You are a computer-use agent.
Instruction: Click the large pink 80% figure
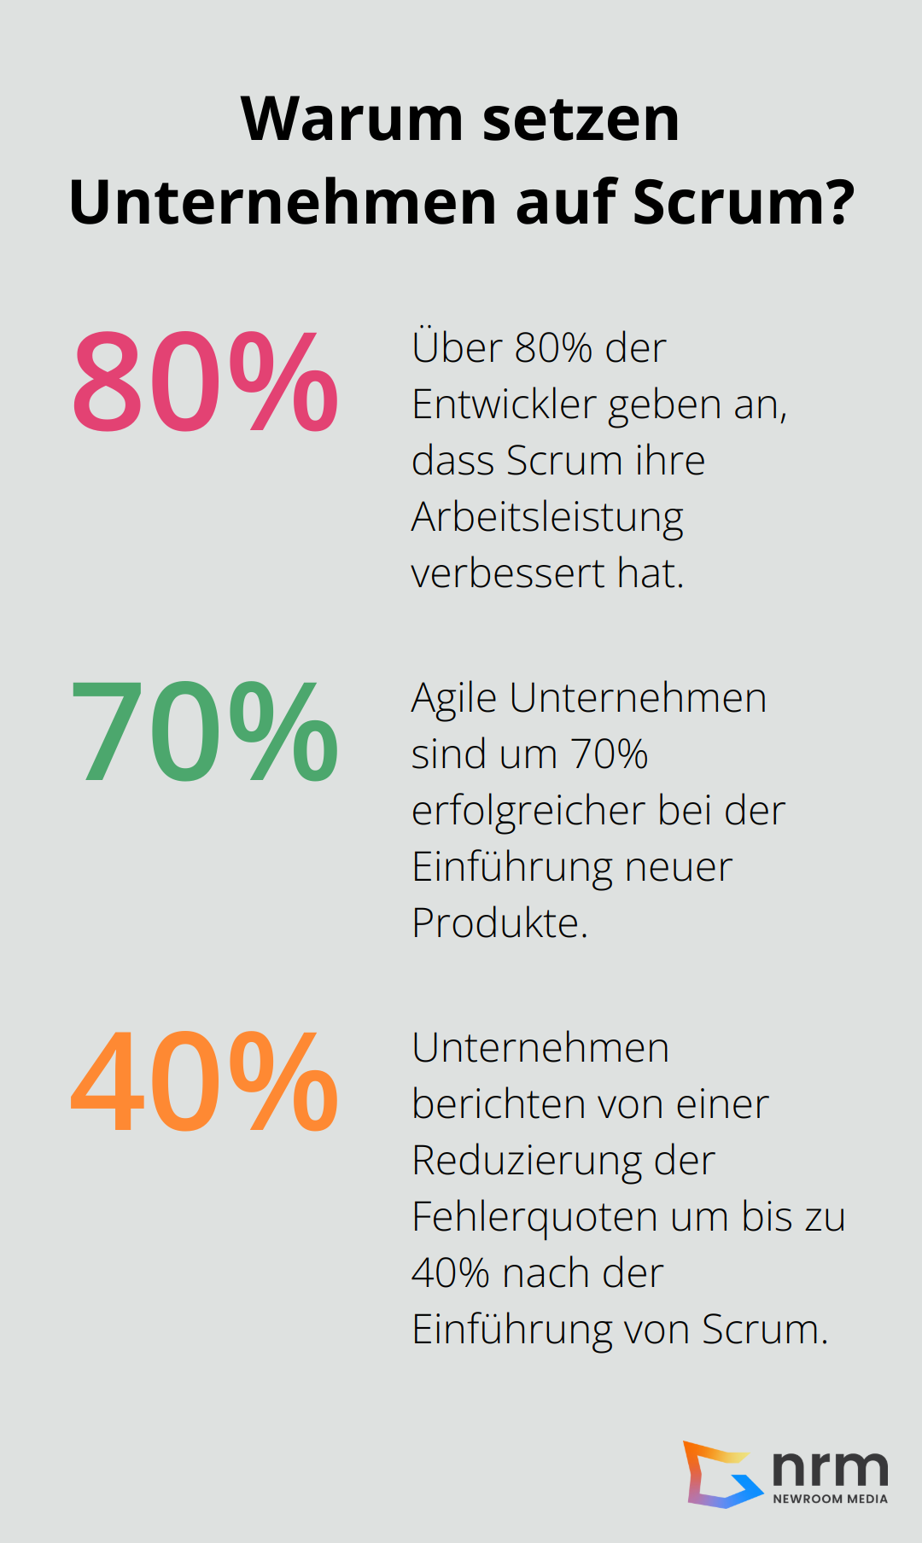pos(205,381)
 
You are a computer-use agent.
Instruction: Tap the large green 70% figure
pos(205,731)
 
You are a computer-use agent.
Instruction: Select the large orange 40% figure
pos(205,1081)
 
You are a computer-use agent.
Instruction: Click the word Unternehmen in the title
pos(283,203)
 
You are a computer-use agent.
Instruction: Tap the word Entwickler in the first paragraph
pos(504,405)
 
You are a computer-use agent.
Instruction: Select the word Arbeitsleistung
pos(547,517)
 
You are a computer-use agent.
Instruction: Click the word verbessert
pos(508,574)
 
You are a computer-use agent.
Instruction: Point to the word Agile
pos(454,699)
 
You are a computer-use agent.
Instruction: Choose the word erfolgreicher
pos(528,811)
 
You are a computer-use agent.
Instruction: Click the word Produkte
pos(499,923)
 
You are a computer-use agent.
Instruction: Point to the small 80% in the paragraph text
pos(553,348)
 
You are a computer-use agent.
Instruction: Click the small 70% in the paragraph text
pos(610,754)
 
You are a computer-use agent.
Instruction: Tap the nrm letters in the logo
pos(830,1468)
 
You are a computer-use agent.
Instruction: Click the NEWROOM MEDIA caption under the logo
pos(830,1499)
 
